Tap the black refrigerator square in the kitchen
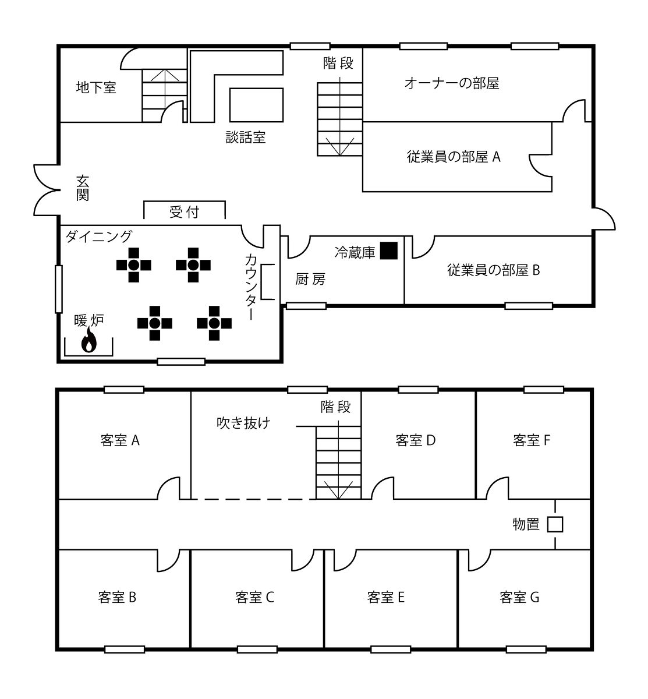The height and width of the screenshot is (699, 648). point(389,250)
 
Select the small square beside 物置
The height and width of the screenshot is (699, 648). point(555,524)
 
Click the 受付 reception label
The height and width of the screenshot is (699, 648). point(185,212)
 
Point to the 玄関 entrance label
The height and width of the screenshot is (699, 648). point(83,188)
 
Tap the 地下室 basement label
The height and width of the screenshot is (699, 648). point(96,87)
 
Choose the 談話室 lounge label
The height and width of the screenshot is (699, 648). point(246,137)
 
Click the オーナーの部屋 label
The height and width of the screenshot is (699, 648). point(452,83)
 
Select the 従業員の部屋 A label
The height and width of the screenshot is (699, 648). point(454,157)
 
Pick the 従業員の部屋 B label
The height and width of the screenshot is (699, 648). point(494,270)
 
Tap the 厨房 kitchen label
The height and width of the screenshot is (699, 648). point(310,279)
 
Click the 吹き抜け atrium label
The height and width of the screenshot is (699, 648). point(243,423)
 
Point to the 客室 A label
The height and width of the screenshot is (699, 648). point(120,440)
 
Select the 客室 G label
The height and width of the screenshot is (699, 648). point(519,597)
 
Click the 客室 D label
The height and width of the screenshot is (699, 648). point(416,440)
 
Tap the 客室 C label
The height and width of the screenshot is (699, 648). point(254,597)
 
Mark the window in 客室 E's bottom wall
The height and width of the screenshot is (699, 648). point(391,649)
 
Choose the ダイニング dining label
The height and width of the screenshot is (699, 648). point(99,236)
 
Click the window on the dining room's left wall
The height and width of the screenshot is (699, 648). point(59,289)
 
